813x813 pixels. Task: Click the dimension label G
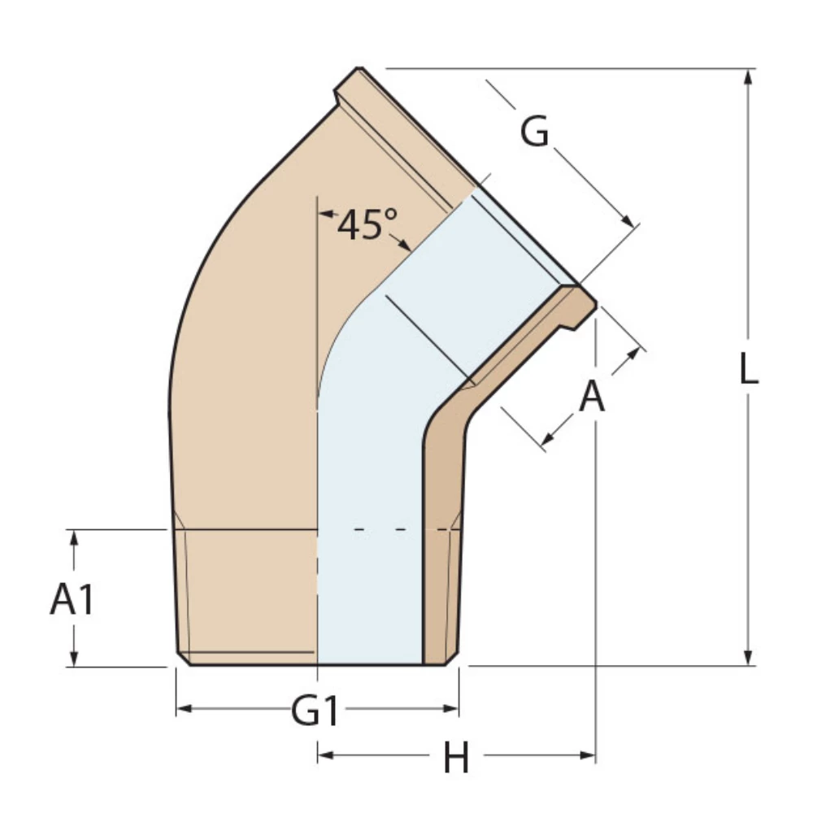point(534,132)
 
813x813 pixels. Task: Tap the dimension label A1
point(72,601)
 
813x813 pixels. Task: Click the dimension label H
point(456,759)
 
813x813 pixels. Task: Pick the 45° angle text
point(366,224)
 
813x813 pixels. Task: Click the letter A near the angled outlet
point(592,398)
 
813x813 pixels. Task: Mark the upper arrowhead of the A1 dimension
point(74,537)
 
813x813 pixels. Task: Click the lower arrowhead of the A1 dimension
point(74,659)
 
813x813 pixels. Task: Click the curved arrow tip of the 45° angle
point(406,246)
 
